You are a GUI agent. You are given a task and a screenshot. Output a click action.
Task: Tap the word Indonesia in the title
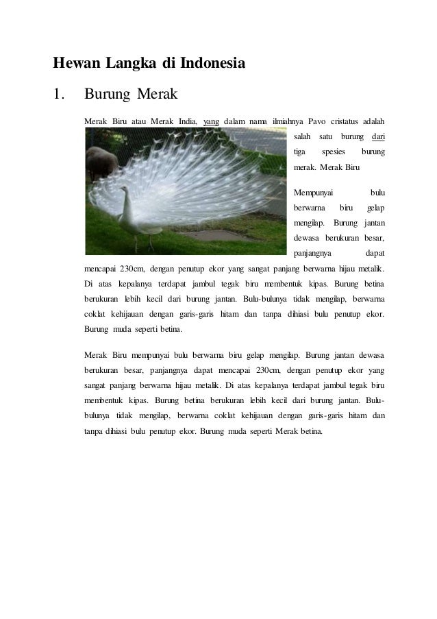tap(212, 64)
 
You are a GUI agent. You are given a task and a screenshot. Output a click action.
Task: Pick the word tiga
tap(299, 152)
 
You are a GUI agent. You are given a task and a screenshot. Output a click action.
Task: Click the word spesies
tap(334, 152)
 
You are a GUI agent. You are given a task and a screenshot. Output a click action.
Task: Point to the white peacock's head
tap(125, 197)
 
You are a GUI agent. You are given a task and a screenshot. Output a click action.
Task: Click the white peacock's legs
tap(141, 242)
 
